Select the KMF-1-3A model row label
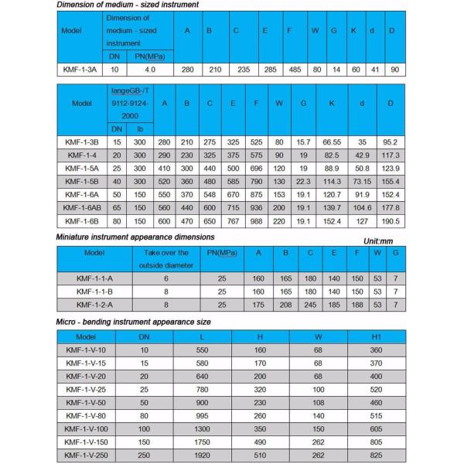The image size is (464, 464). point(81,70)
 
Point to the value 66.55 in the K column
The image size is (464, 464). point(331,142)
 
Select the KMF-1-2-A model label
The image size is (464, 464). point(94,305)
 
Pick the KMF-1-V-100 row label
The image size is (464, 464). point(86,428)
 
